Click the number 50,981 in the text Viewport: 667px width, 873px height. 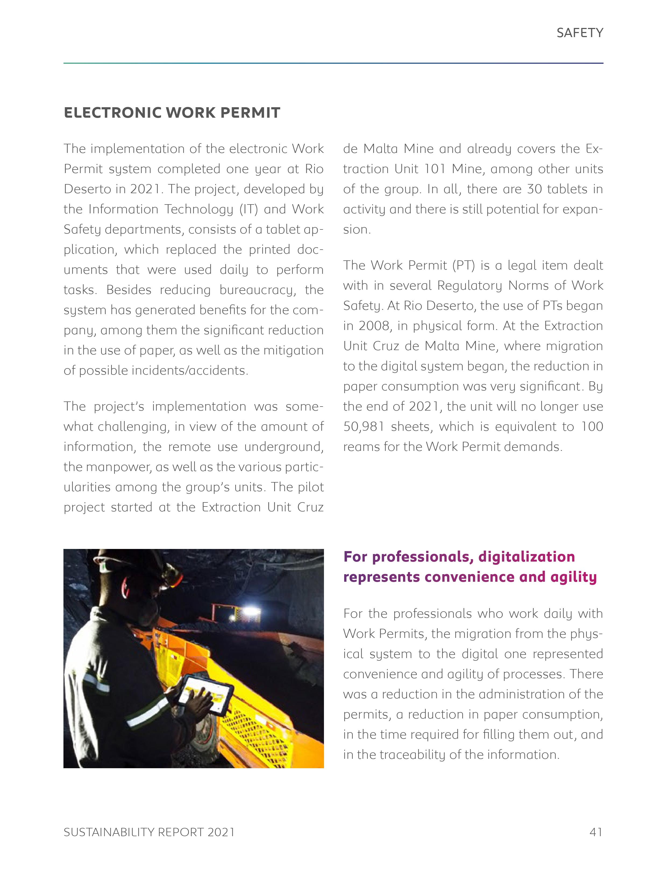pos(364,427)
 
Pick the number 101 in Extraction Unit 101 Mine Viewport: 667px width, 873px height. pos(435,169)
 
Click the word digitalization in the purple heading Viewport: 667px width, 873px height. pos(526,557)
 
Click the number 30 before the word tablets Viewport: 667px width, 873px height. pos(534,189)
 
